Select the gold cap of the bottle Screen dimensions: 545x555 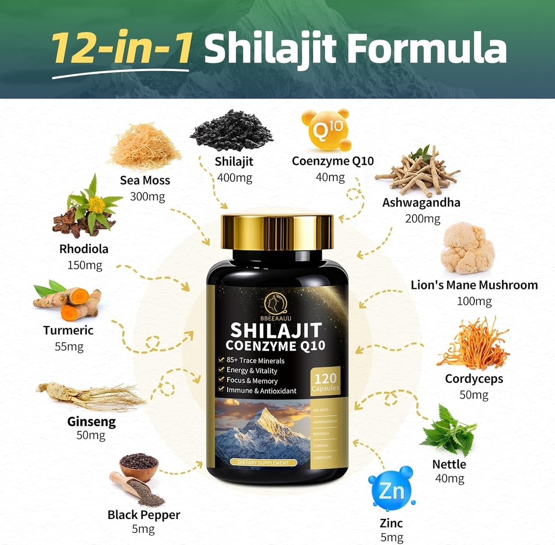pos(277,232)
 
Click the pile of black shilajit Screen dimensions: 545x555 pos(231,132)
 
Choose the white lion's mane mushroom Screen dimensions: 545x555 pos(467,249)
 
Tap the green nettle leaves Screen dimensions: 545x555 pos(449,431)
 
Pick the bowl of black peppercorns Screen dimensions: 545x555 pos(138,467)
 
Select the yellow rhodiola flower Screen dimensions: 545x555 pos(96,204)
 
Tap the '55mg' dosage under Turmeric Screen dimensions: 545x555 pos(69,347)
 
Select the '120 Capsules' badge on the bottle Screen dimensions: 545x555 pos(325,382)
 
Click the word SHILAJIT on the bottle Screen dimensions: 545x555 pos(276,330)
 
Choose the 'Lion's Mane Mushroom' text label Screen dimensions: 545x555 pos(474,285)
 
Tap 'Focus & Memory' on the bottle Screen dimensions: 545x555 pos(253,380)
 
